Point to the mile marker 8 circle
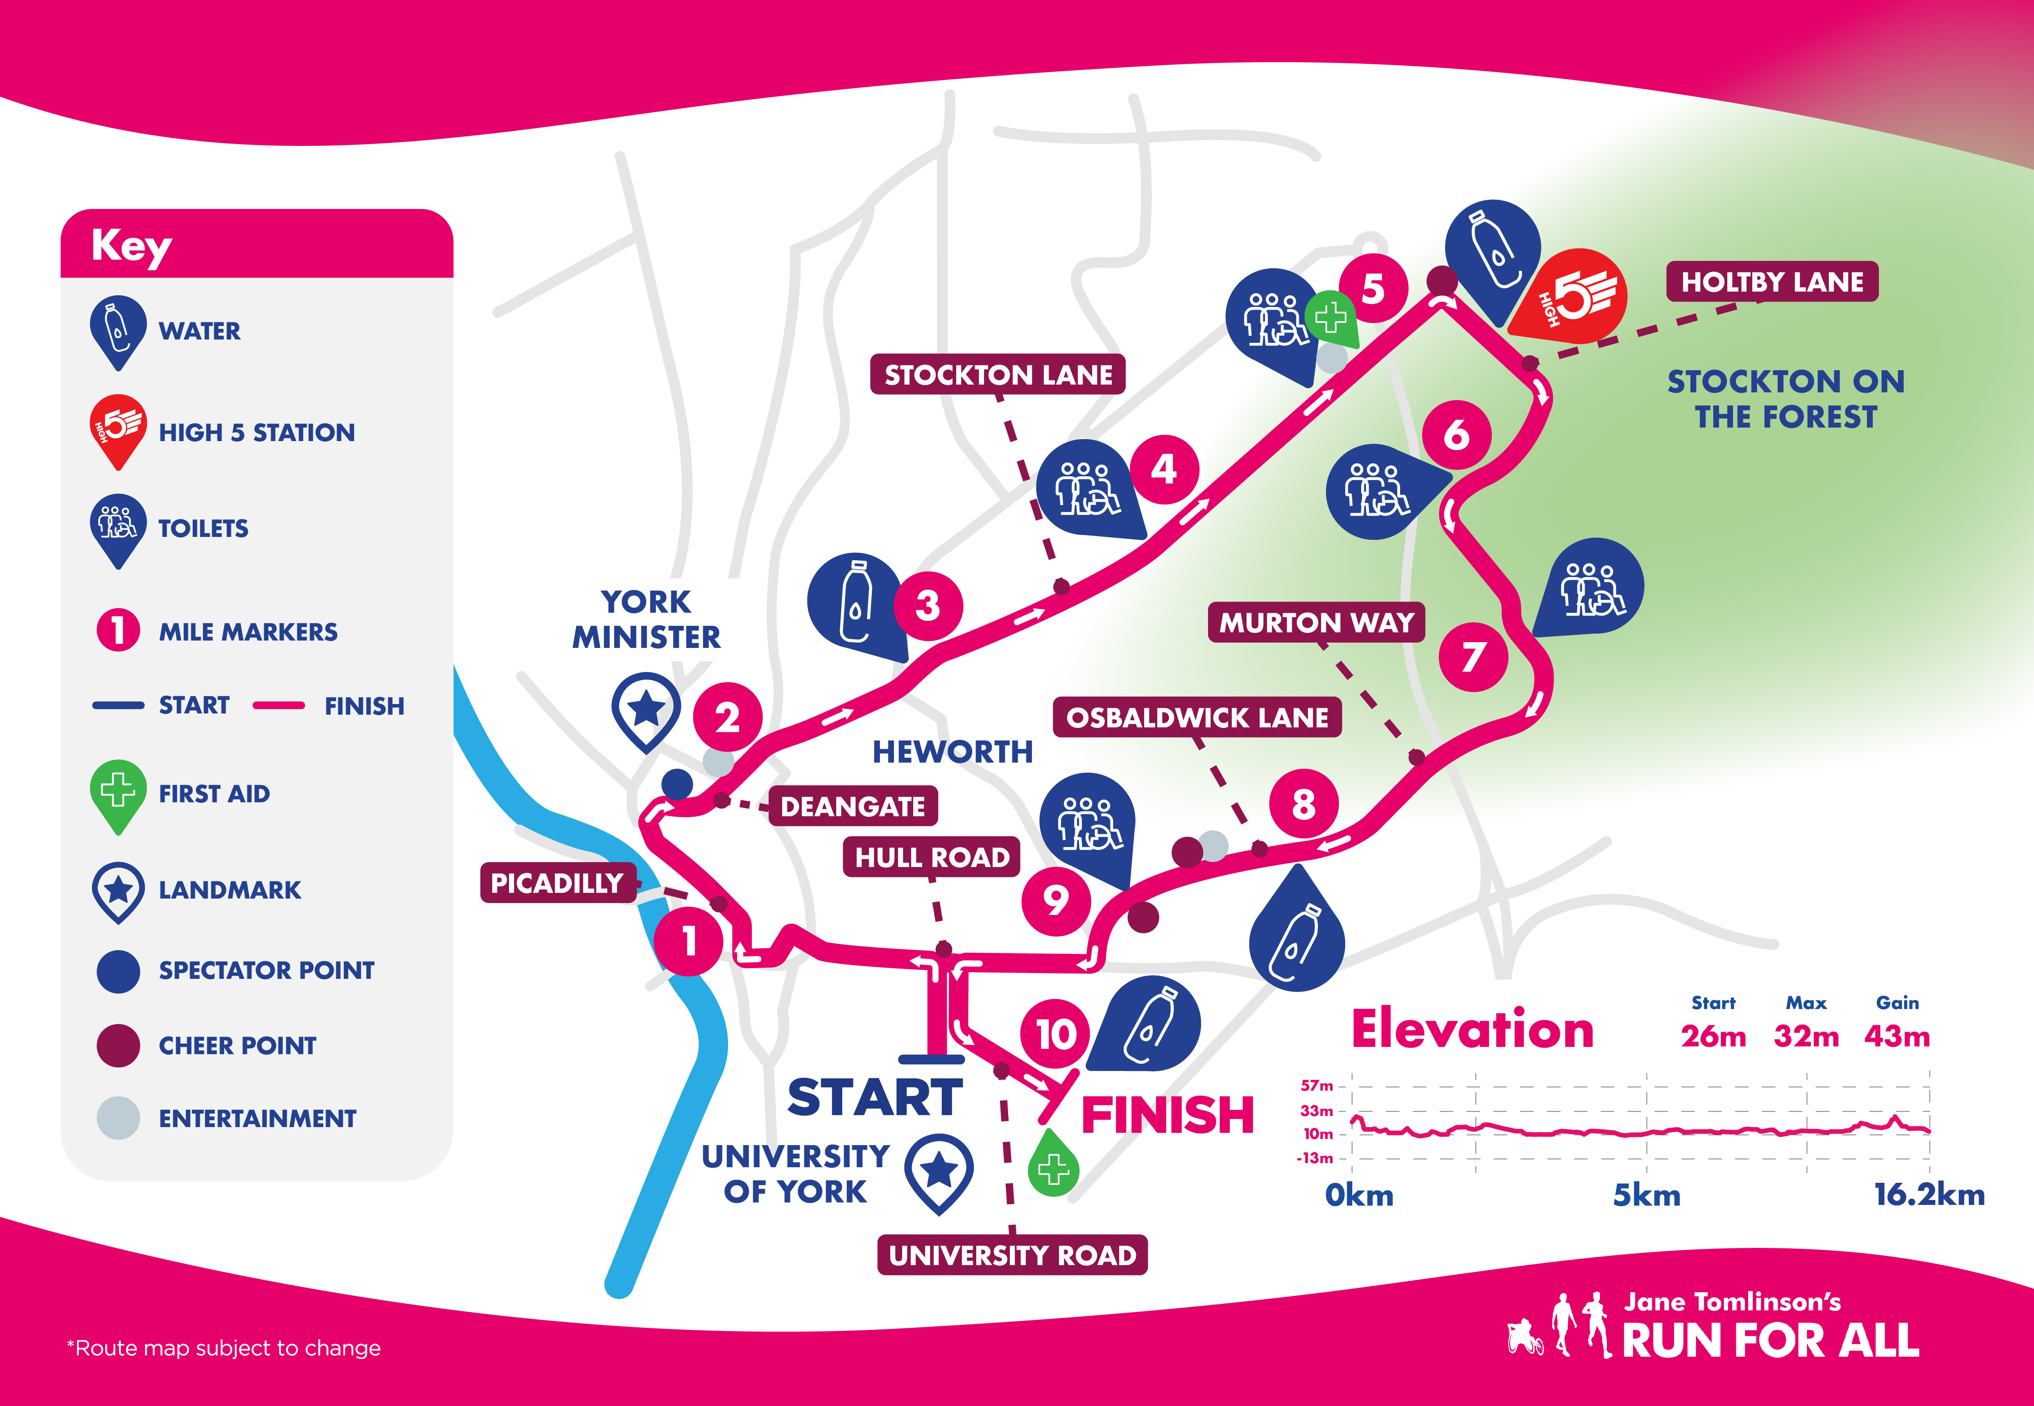(x=1303, y=804)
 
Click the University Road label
(x=1012, y=1254)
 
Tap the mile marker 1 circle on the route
(x=689, y=941)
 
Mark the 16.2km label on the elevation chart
(x=1928, y=1195)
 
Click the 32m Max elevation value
(x=1806, y=1036)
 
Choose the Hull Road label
(x=931, y=857)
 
